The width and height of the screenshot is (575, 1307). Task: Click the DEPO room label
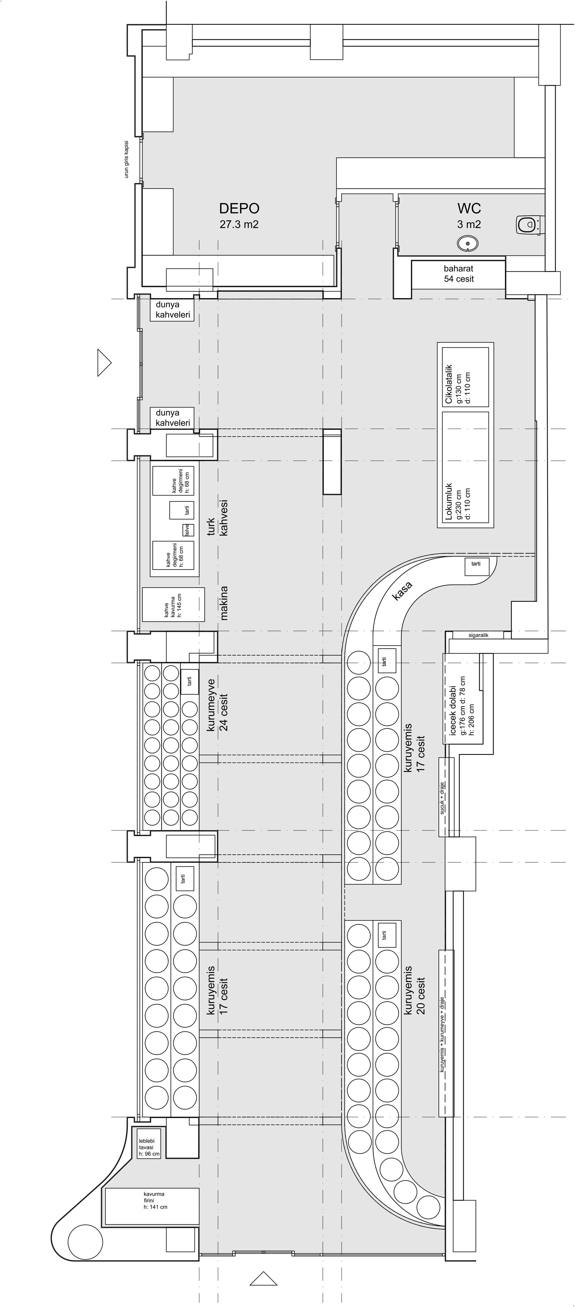click(x=239, y=209)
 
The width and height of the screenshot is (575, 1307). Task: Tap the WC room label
click(x=469, y=209)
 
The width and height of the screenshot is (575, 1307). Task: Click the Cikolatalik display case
click(x=465, y=377)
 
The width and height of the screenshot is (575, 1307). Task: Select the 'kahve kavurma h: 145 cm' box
click(x=173, y=604)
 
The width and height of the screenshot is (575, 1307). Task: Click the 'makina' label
click(x=224, y=603)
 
